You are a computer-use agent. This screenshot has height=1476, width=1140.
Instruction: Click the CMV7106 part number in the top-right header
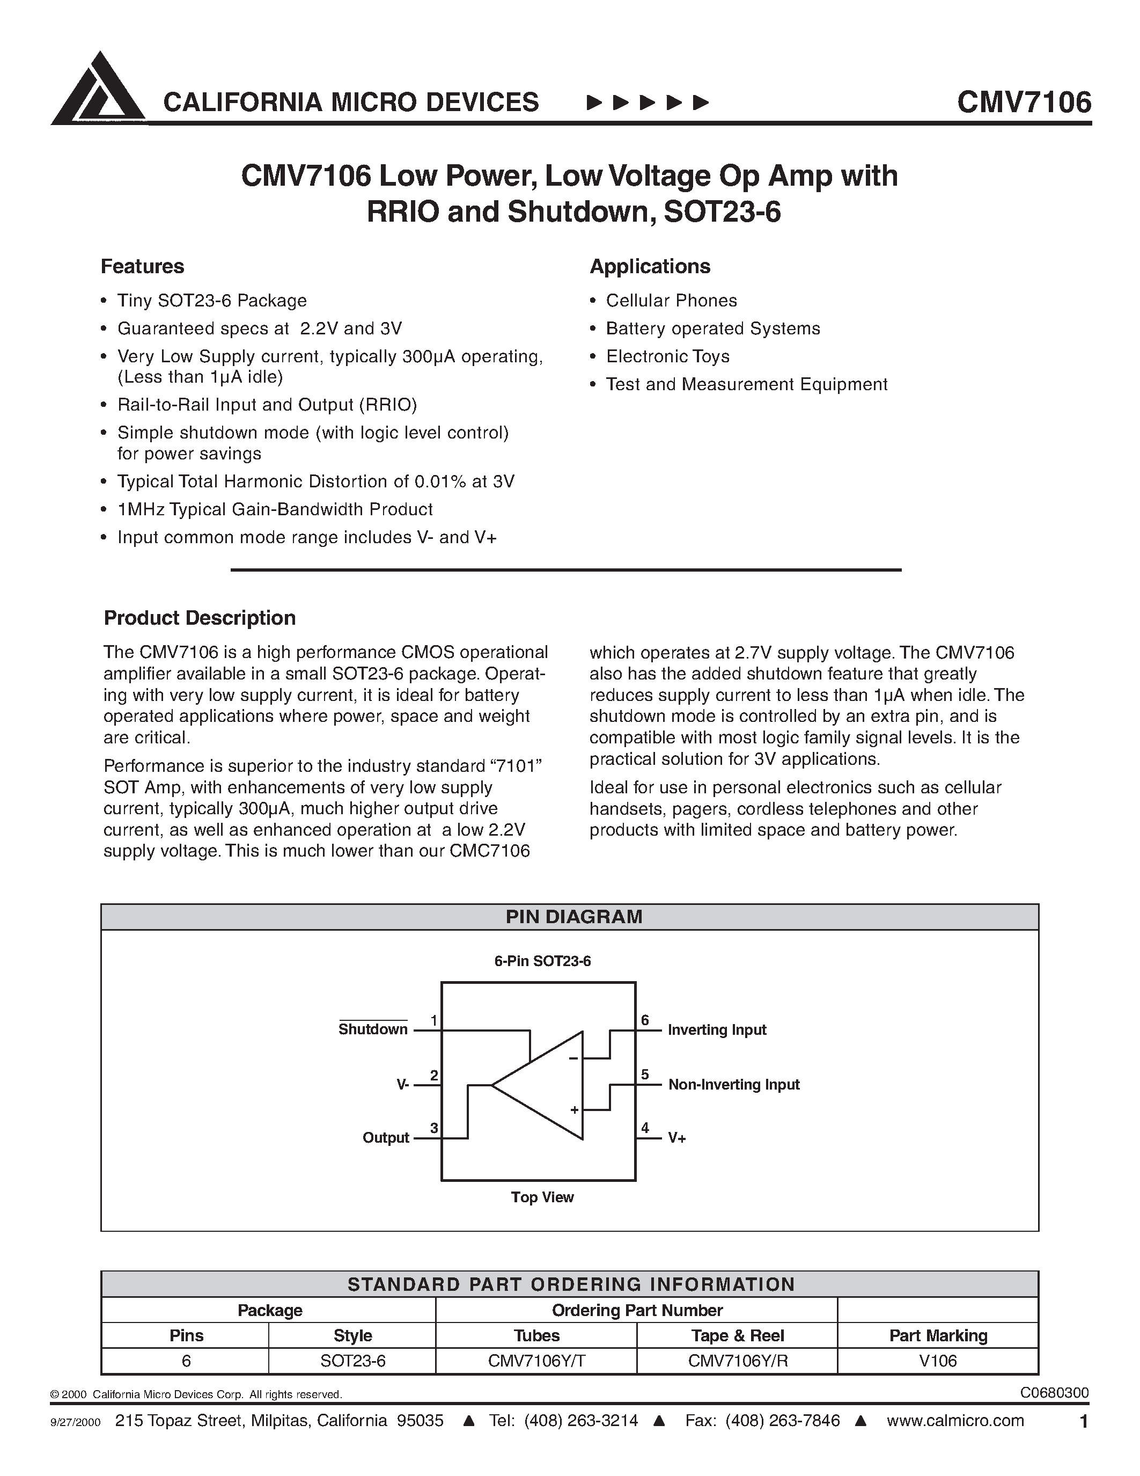pos(1023,103)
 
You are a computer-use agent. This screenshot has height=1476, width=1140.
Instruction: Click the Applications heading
pos(650,266)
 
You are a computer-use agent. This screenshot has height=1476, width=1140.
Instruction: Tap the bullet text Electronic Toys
pos(667,356)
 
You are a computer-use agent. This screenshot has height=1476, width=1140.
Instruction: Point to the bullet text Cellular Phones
pos(671,301)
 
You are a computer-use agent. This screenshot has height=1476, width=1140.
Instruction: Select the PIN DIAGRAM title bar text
pos(573,917)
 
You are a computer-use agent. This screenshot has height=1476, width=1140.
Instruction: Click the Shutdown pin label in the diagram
pos(373,1029)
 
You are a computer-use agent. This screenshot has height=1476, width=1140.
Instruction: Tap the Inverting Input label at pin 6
pos(717,1030)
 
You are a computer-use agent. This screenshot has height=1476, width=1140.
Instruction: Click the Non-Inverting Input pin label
pos(733,1085)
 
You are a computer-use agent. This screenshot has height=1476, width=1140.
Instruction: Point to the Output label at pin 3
pos(386,1138)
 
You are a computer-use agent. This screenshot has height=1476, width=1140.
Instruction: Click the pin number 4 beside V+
pos(645,1129)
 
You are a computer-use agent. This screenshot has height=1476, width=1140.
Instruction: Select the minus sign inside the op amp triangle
pos(573,1058)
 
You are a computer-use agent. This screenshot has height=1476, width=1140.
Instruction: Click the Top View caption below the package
pos(542,1197)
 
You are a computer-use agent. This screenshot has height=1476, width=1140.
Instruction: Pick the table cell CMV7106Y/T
pos(536,1361)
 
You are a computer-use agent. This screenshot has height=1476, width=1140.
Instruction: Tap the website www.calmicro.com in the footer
pos(955,1421)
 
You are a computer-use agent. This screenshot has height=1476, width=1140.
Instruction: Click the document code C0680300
pos(1054,1393)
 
